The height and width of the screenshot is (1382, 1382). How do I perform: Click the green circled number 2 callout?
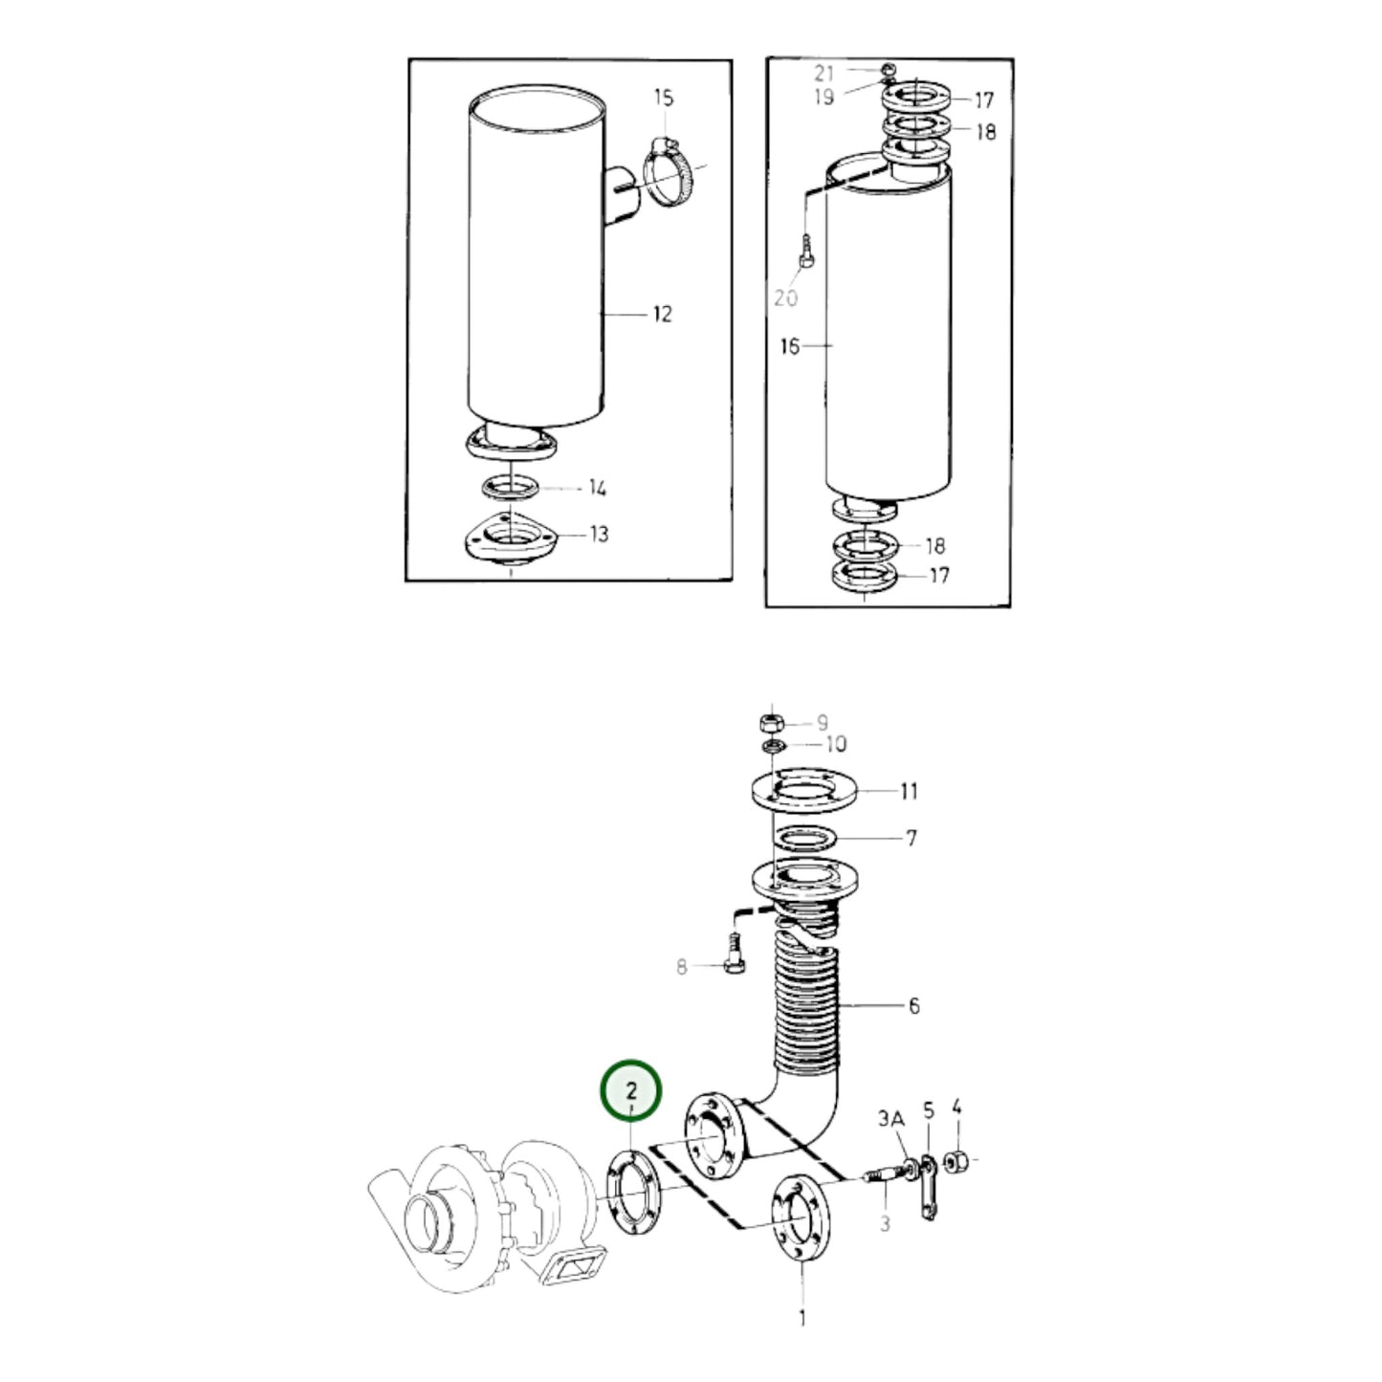tap(630, 1090)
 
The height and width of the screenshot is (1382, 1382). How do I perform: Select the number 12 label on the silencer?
tap(662, 314)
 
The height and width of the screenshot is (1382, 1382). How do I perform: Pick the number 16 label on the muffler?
tap(789, 346)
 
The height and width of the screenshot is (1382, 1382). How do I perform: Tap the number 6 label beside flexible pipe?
tap(913, 1005)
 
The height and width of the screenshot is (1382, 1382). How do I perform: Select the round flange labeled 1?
tap(801, 1216)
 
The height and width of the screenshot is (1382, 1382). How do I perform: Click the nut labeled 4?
tap(957, 1163)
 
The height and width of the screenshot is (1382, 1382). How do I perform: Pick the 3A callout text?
tap(890, 1119)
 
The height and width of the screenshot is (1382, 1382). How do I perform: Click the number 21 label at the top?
tap(824, 73)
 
